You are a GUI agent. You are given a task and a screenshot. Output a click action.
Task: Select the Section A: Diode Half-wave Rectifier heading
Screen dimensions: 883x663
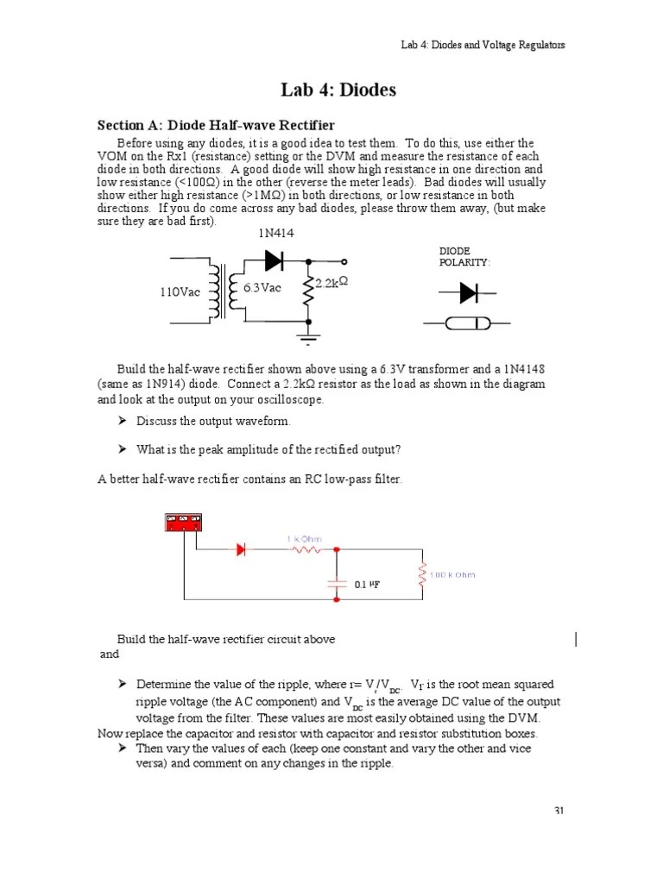pos(216,126)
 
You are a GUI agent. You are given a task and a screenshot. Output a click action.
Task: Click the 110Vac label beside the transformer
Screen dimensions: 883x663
pos(180,292)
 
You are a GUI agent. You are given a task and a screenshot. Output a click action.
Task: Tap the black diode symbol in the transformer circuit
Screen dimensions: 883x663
pos(274,260)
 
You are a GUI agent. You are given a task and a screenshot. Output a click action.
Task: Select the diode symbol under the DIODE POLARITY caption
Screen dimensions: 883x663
pos(467,293)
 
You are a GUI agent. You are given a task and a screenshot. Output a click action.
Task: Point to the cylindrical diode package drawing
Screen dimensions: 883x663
pos(467,324)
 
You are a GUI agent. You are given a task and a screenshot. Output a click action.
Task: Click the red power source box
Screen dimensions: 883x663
pos(183,523)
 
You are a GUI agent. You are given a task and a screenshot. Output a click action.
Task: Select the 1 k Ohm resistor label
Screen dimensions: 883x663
pos(304,539)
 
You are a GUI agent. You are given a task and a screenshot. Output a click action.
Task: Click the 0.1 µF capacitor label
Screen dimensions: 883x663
pos(367,584)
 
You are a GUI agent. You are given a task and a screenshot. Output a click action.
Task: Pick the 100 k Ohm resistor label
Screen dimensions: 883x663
pos(452,574)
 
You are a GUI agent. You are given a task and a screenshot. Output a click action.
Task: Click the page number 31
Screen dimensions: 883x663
pos(559,811)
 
